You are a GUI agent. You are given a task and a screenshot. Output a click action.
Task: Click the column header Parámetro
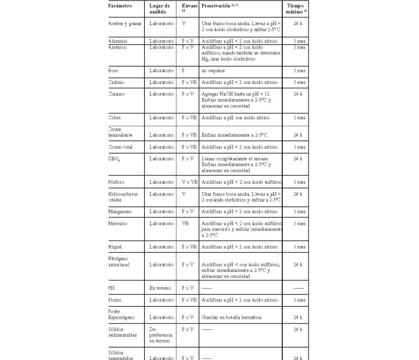pos(120,5)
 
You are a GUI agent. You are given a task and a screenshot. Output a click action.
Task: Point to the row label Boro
pos(113,71)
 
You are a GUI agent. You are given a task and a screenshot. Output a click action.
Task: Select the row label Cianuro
pos(116,94)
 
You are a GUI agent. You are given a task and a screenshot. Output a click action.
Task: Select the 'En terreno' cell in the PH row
pos(161,289)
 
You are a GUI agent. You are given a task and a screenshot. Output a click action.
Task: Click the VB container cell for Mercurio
pos(185,223)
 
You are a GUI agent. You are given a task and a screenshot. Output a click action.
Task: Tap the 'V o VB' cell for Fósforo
pos(189,182)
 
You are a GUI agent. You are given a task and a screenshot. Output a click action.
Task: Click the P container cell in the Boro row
pos(183,71)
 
